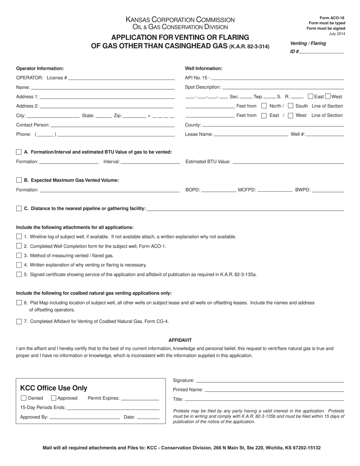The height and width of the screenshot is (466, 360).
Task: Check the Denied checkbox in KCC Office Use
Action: click(23, 398)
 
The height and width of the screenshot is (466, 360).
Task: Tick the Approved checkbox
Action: click(53, 398)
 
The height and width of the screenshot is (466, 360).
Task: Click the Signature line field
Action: click(270, 380)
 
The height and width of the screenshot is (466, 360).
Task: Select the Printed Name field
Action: click(274, 389)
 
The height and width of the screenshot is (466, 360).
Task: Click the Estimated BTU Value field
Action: click(288, 161)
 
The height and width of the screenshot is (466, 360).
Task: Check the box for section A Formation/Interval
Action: click(19, 152)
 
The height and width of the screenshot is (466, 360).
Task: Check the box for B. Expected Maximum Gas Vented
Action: click(19, 180)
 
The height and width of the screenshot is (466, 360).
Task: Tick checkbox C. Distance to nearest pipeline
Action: click(19, 209)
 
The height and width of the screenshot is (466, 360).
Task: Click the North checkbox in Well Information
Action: click(264, 106)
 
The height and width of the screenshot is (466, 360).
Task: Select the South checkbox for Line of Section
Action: click(291, 106)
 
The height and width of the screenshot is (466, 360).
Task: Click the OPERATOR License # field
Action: click(121, 78)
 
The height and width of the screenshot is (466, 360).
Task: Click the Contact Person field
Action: click(112, 125)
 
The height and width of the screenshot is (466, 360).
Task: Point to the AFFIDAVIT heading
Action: click(180, 340)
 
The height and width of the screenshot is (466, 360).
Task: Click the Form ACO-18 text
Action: click(332, 18)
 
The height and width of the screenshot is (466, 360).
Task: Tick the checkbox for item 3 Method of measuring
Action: click(19, 256)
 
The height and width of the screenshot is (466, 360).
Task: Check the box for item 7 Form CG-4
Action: click(19, 322)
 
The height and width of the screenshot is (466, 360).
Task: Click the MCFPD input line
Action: click(275, 190)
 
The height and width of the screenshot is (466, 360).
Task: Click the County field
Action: click(273, 125)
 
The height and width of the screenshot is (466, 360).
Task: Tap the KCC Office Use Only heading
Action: click(53, 388)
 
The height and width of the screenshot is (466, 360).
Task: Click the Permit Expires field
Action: click(140, 398)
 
